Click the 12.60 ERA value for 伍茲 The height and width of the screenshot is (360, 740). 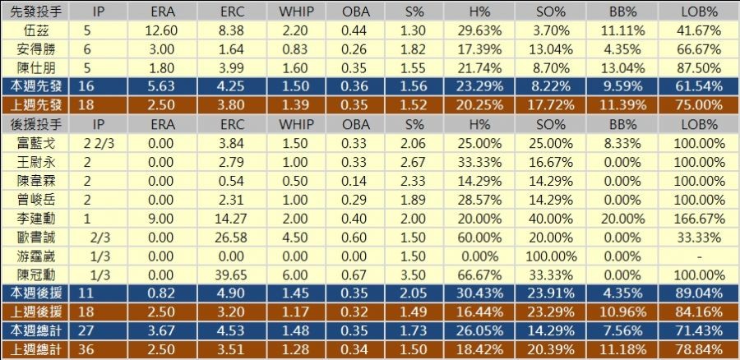[x=162, y=30]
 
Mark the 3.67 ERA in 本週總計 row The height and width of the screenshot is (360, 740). [x=162, y=330]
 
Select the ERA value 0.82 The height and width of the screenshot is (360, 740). [x=162, y=293]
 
